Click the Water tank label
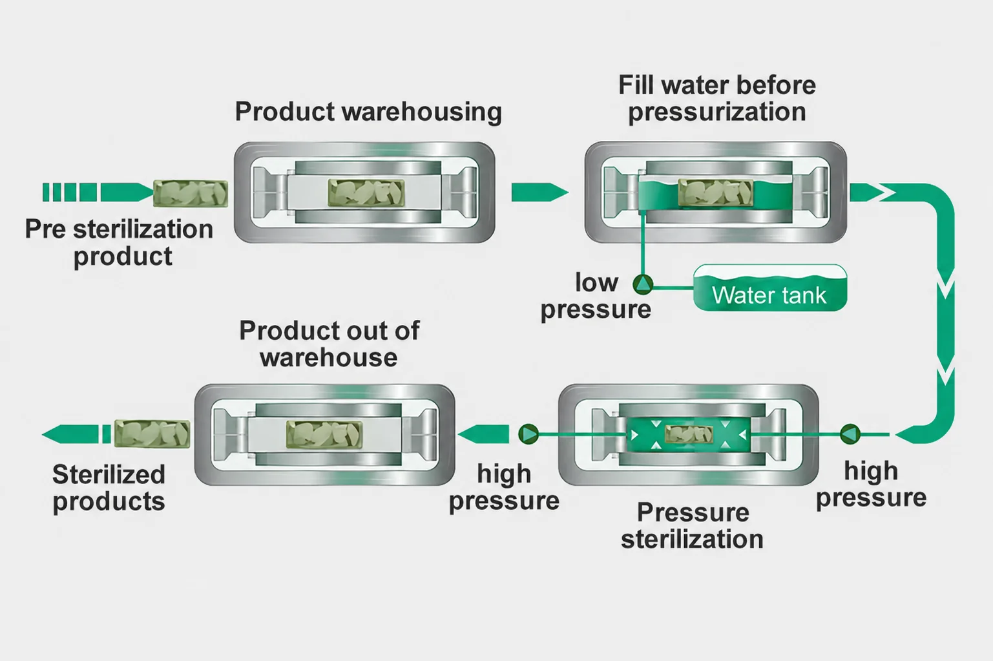coord(769,295)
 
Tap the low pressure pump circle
coord(643,284)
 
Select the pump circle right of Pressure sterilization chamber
coord(850,434)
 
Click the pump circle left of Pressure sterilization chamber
coord(528,434)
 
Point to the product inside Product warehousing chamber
coord(366,193)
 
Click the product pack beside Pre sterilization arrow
coord(191,193)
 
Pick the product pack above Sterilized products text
coord(152,434)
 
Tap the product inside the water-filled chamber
coord(715,193)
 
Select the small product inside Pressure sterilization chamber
coord(689,434)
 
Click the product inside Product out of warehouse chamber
coord(324,434)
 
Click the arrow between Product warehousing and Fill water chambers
coord(539,193)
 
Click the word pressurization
coord(717,112)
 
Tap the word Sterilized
coord(109,474)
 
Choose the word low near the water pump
coord(596,282)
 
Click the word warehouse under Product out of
coord(328,358)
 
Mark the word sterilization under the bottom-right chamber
coord(692,540)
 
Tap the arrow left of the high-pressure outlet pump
coord(483,434)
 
